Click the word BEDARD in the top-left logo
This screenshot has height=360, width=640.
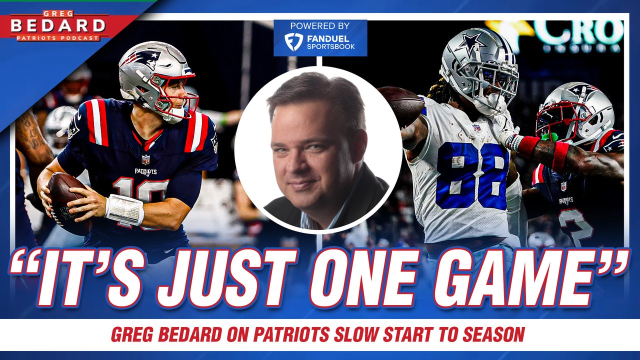[x=58, y=25]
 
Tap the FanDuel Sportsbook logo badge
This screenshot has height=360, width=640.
[x=320, y=41]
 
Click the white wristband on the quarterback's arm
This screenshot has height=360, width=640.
[x=124, y=209]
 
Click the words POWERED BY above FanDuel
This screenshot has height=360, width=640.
[x=320, y=26]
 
